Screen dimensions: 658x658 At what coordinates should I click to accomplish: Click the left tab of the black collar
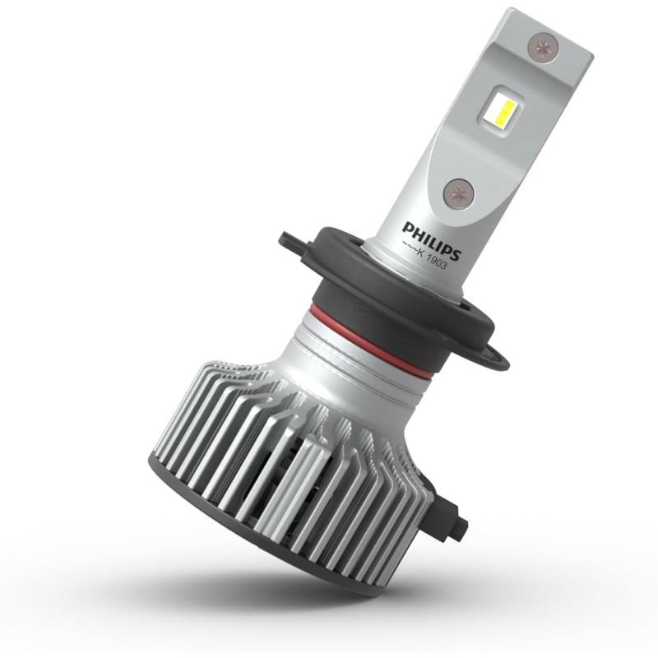(x=291, y=241)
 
